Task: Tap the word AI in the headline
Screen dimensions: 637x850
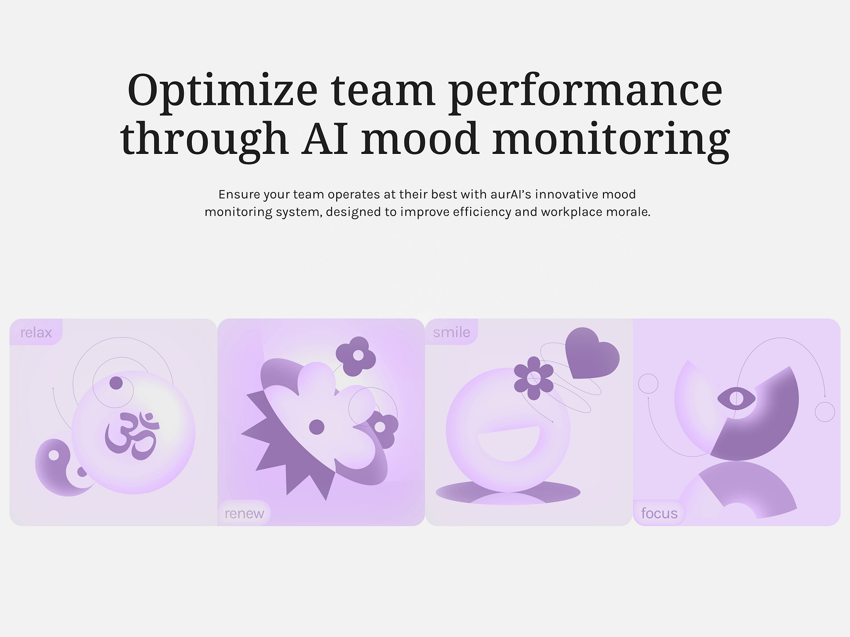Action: [x=325, y=139]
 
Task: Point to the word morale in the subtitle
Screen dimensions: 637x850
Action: [x=630, y=212]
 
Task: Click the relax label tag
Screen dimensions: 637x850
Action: [x=36, y=332]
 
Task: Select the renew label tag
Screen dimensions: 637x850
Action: [x=244, y=513]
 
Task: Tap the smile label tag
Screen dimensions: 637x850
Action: [x=452, y=332]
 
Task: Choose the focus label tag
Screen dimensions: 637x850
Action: [x=659, y=513]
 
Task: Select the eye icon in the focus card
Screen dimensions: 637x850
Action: [x=736, y=398]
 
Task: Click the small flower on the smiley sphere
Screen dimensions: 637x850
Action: [x=534, y=378]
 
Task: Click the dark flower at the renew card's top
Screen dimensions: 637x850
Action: [x=356, y=355]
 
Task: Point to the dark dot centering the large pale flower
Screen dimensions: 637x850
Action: [x=317, y=426]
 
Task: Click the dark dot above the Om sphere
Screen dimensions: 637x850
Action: [x=116, y=383]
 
